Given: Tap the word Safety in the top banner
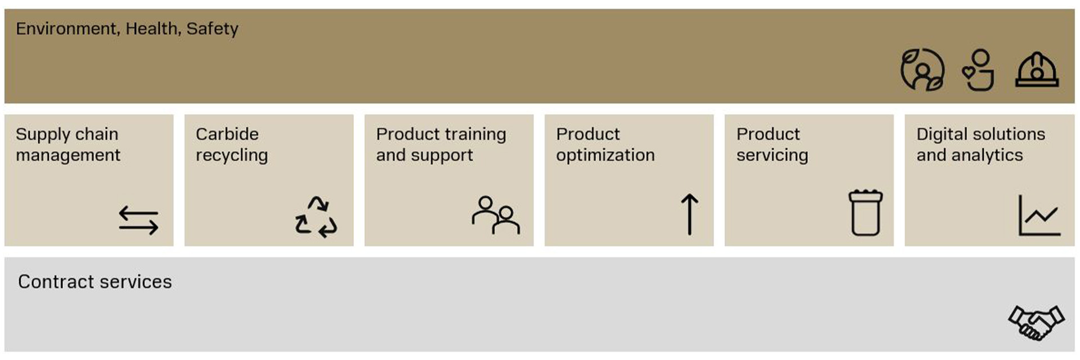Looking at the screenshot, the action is [212, 29].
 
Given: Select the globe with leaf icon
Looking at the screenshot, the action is [922, 70].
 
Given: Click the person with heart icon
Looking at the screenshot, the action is [979, 70].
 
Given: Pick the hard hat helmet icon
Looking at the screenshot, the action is [1037, 70].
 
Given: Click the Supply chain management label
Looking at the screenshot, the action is [68, 145].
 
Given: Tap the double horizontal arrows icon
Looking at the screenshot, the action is [138, 220].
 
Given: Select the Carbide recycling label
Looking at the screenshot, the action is [232, 145].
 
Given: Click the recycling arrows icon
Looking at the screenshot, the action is [316, 217].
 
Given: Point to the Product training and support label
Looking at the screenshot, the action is [441, 145].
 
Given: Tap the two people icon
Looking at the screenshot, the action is [496, 215].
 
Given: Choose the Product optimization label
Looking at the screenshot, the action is [605, 145].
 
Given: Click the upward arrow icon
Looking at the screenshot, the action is [690, 214].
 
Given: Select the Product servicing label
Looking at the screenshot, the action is [772, 145].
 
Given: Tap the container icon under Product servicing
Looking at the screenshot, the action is [866, 213].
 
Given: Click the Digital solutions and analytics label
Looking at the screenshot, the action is [980, 145].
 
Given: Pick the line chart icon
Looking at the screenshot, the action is [1039, 215].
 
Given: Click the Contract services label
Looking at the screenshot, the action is [95, 281].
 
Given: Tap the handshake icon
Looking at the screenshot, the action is [1036, 323].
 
